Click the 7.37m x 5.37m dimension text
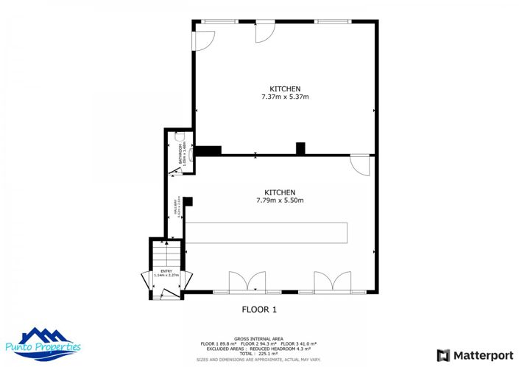tap(285, 97)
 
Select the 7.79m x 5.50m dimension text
tap(280, 200)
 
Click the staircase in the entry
tap(166, 255)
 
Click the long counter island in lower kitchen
tap(266, 232)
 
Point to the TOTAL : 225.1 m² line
tap(259, 353)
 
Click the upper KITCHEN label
tap(285, 89)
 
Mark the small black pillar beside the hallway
tap(188, 201)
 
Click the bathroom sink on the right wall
tap(191, 155)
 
